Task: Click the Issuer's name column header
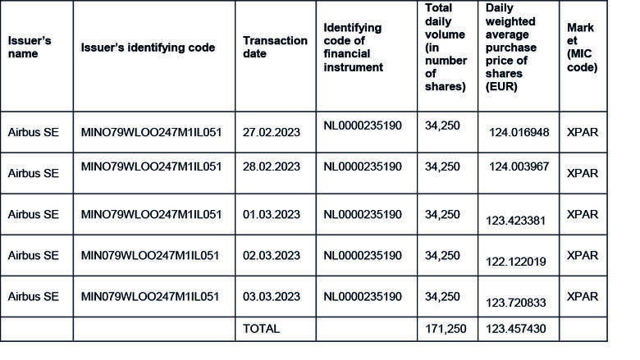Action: pos(30,48)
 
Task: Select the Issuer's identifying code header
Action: pos(148,48)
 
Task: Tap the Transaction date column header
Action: pos(275,47)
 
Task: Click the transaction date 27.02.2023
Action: pos(272,131)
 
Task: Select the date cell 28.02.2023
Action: pos(272,166)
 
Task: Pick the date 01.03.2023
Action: pos(272,214)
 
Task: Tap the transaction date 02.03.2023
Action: pos(272,255)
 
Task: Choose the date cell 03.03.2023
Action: pos(272,296)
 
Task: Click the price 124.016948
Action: pos(519,132)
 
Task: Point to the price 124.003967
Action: pos(519,167)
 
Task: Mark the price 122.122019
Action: pos(517,261)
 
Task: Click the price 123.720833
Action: pos(517,303)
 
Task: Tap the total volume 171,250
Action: pos(446,329)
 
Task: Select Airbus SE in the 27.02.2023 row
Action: pos(34,131)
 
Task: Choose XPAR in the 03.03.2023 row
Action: pos(583,296)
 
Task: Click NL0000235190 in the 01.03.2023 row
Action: pos(363,214)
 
